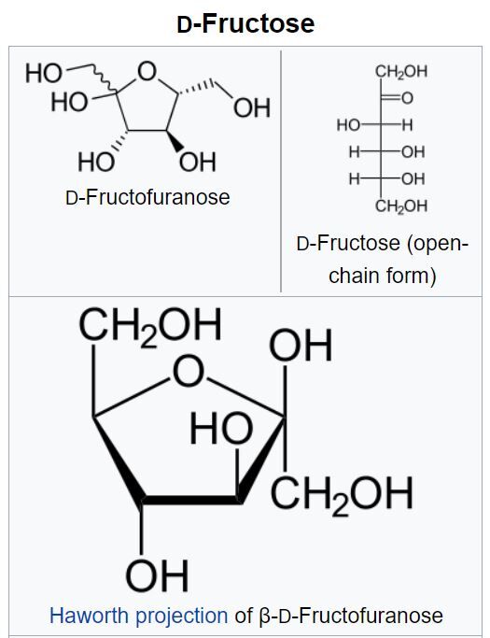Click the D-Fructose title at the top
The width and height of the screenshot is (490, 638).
pyautogui.click(x=245, y=23)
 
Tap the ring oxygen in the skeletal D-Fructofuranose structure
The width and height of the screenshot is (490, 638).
pyautogui.click(x=147, y=71)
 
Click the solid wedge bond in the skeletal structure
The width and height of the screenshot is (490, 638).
pyautogui.click(x=175, y=140)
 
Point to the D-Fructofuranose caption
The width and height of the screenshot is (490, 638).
pyautogui.click(x=147, y=197)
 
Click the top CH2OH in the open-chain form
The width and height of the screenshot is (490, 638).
pyautogui.click(x=401, y=72)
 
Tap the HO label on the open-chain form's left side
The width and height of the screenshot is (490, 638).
pyautogui.click(x=348, y=125)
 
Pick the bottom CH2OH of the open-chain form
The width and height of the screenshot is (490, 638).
pyautogui.click(x=401, y=206)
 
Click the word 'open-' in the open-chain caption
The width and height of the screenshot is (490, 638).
pyautogui.click(x=439, y=244)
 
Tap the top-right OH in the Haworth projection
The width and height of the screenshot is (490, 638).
pyautogui.click(x=301, y=346)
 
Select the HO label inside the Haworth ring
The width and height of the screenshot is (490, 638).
pyautogui.click(x=221, y=428)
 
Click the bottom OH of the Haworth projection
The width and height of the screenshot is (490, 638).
pyautogui.click(x=158, y=575)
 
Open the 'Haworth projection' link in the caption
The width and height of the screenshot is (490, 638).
pyautogui.click(x=138, y=616)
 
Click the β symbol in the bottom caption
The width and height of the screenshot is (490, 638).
pyautogui.click(x=264, y=616)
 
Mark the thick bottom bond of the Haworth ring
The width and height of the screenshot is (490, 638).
pyautogui.click(x=190, y=500)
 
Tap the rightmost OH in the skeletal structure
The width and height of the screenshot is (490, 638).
pyautogui.click(x=252, y=107)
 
